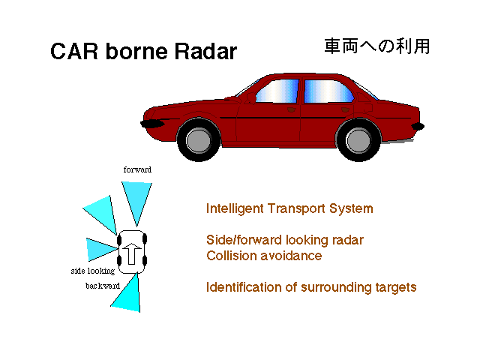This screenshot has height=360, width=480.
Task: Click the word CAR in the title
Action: pyautogui.click(x=74, y=51)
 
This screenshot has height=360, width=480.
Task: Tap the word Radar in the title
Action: pyautogui.click(x=205, y=51)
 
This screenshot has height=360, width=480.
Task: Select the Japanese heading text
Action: pyautogui.click(x=377, y=46)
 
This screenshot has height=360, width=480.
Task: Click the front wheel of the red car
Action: pyautogui.click(x=199, y=140)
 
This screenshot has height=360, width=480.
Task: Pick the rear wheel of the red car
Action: pyautogui.click(x=358, y=140)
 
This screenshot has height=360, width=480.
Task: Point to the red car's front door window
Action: pyautogui.click(x=277, y=91)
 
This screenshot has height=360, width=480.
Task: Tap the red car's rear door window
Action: pyautogui.click(x=328, y=91)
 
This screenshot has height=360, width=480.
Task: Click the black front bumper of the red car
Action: pyautogui.click(x=152, y=123)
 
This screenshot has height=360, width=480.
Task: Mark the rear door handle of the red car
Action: pyautogui.click(x=345, y=109)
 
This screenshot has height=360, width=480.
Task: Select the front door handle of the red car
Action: pyautogui.click(x=292, y=109)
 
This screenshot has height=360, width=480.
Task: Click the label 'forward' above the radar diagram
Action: pyautogui.click(x=137, y=169)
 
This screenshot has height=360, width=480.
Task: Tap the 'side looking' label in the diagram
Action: pyautogui.click(x=93, y=271)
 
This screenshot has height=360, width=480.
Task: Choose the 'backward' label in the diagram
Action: pyautogui.click(x=103, y=286)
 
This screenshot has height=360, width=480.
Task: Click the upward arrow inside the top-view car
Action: pyautogui.click(x=132, y=253)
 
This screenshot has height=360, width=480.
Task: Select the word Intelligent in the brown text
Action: pyautogui.click(x=235, y=208)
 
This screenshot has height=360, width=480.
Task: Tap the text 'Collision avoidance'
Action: pyautogui.click(x=264, y=256)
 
